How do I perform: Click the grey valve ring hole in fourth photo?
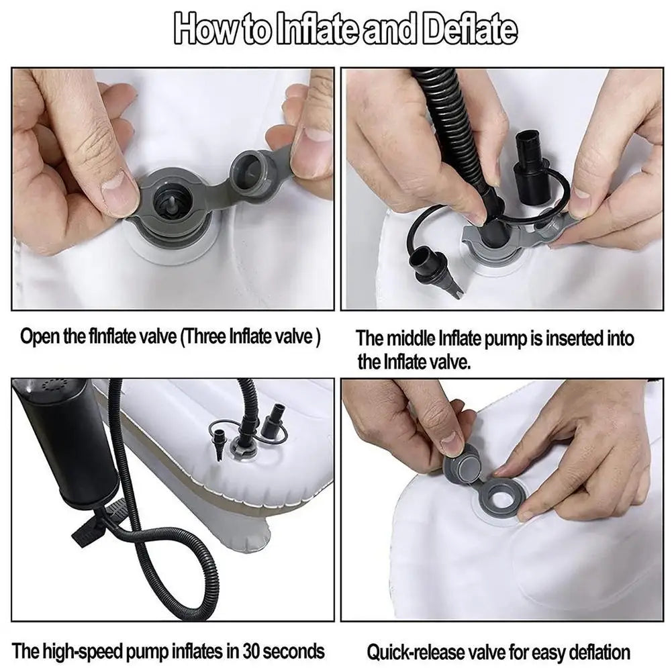pyautogui.click(x=501, y=497)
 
